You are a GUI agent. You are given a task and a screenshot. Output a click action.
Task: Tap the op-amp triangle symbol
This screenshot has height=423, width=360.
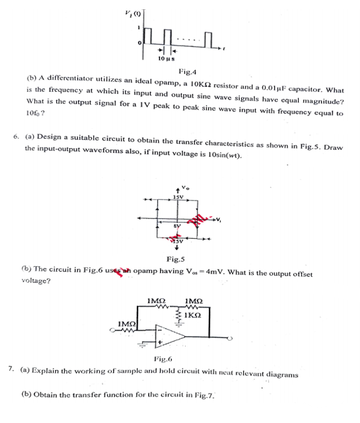click(171, 336)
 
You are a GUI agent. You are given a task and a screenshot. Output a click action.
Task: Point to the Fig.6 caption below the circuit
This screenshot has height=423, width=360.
click(161, 359)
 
